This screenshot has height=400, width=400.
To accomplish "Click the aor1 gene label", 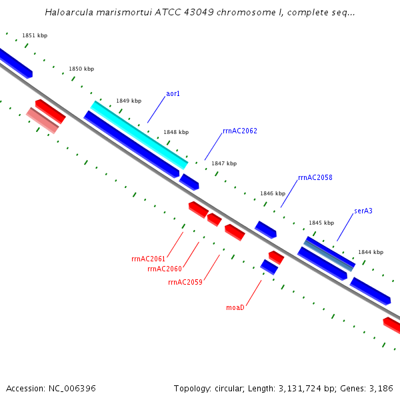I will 173,94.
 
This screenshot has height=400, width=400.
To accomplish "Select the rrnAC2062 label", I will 239,131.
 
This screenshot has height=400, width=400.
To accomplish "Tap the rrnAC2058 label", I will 315,178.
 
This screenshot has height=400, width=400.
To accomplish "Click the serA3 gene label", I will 363,211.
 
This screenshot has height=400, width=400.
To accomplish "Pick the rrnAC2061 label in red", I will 148,259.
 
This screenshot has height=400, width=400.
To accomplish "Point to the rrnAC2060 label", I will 164,269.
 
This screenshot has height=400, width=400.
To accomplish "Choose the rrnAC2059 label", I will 185,282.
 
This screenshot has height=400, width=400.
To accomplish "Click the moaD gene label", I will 235,307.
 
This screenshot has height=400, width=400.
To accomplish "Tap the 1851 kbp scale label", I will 35,35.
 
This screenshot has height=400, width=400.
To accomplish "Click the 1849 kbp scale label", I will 129,101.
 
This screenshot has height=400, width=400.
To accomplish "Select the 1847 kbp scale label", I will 224,163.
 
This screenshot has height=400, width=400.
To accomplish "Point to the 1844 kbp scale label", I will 371,252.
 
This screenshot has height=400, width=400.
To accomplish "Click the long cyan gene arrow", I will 139,135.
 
